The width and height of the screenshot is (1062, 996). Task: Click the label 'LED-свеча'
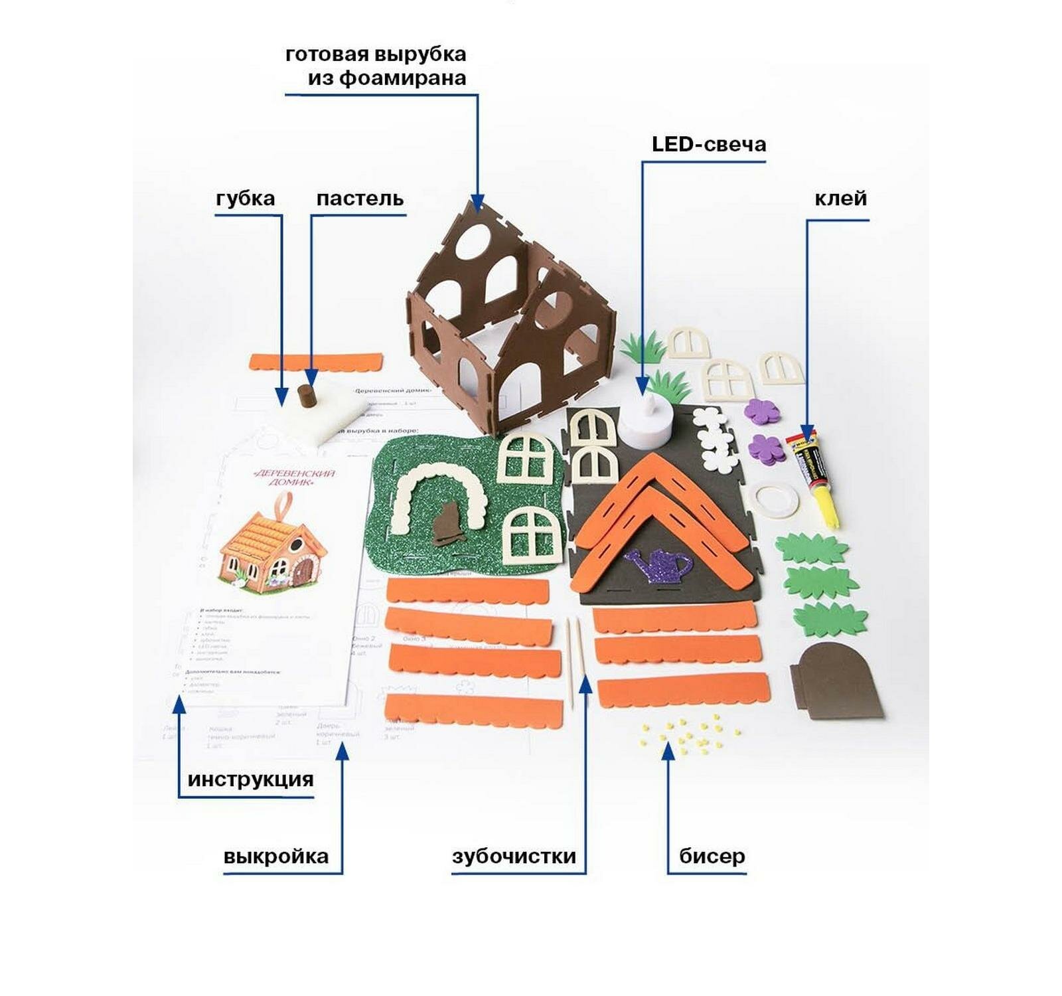pyautogui.click(x=708, y=144)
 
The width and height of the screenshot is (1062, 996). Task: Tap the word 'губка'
pyautogui.click(x=245, y=199)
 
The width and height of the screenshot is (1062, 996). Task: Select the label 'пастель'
pyautogui.click(x=360, y=199)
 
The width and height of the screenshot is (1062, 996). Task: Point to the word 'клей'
pyautogui.click(x=840, y=199)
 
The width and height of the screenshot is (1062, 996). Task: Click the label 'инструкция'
pyautogui.click(x=250, y=779)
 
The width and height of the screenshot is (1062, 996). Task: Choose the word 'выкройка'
pyautogui.click(x=276, y=856)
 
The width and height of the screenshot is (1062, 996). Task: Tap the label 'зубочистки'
pyautogui.click(x=514, y=856)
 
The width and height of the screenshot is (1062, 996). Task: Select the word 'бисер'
pyautogui.click(x=712, y=856)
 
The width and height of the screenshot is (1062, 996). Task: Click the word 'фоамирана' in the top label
pyautogui.click(x=403, y=78)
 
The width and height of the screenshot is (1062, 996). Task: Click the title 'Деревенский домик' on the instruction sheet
pyautogui.click(x=294, y=477)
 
